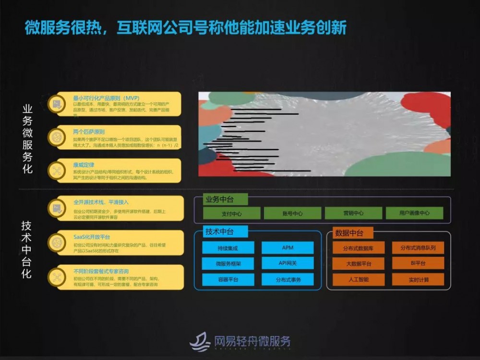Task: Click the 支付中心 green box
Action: click(x=231, y=213)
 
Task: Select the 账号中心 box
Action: click(x=292, y=213)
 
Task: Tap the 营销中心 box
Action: click(x=353, y=213)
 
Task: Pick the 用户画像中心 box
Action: click(x=414, y=213)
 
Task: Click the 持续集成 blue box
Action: click(x=228, y=248)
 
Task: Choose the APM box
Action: click(x=288, y=248)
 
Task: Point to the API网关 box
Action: click(x=288, y=263)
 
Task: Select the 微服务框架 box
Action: click(x=228, y=264)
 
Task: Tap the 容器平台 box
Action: click(x=228, y=279)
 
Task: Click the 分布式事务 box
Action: click(x=288, y=279)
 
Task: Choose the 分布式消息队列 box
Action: click(x=418, y=248)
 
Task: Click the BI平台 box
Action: click(x=418, y=263)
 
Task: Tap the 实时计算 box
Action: click(x=418, y=279)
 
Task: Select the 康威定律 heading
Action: click(x=84, y=165)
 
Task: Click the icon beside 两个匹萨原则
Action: click(x=57, y=137)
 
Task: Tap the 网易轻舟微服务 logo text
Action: click(x=252, y=341)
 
